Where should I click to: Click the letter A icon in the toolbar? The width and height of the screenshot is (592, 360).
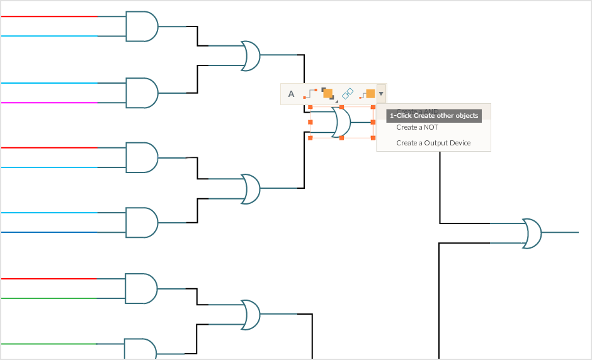[x=291, y=94]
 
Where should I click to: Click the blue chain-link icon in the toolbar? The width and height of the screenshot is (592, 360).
[x=348, y=94]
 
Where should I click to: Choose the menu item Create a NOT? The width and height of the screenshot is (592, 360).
[x=417, y=127]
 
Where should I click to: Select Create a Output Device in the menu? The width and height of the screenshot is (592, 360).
[x=433, y=143]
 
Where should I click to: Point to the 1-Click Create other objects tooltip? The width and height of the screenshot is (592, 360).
[x=434, y=116]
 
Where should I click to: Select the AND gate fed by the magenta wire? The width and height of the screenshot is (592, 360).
[x=142, y=93]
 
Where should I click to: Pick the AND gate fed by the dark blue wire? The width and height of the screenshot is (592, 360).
[x=142, y=223]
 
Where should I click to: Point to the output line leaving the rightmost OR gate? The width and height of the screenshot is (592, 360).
[x=561, y=232]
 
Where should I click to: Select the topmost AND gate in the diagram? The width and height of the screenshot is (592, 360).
[x=142, y=26]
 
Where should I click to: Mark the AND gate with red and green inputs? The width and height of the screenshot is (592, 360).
[x=142, y=288]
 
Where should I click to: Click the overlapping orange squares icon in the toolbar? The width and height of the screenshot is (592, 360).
[x=327, y=94]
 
